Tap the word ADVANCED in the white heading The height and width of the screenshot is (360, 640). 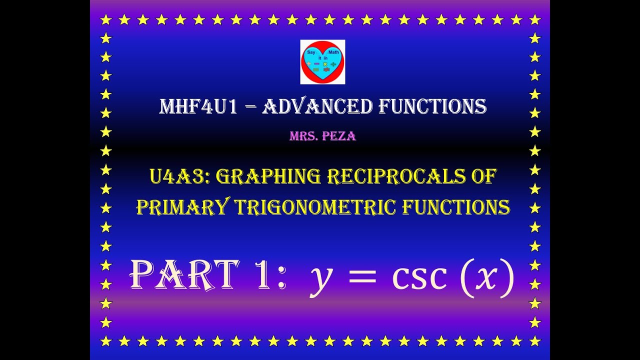(317, 106)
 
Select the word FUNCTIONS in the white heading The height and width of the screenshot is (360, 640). (432, 106)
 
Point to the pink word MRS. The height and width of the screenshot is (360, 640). (303, 136)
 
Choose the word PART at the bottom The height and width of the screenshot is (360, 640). (184, 274)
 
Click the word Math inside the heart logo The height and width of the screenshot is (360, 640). (333, 52)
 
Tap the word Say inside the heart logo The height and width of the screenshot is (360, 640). (311, 52)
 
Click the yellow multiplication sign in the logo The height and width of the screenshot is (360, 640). (324, 64)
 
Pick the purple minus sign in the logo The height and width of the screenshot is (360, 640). (316, 64)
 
